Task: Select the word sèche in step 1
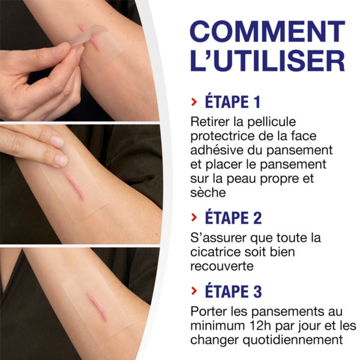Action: (x=208, y=193)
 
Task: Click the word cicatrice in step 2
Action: (x=215, y=253)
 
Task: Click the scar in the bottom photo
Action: (x=96, y=307)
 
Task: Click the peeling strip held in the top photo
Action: (x=84, y=37)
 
